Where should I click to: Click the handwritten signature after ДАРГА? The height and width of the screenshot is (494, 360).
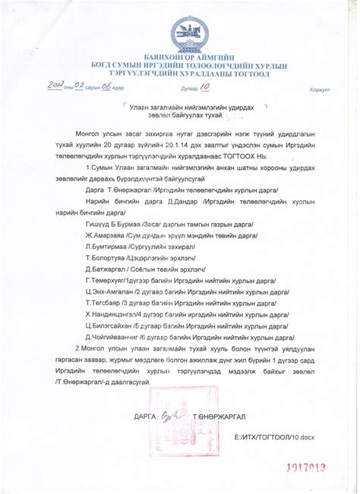click(172, 416)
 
